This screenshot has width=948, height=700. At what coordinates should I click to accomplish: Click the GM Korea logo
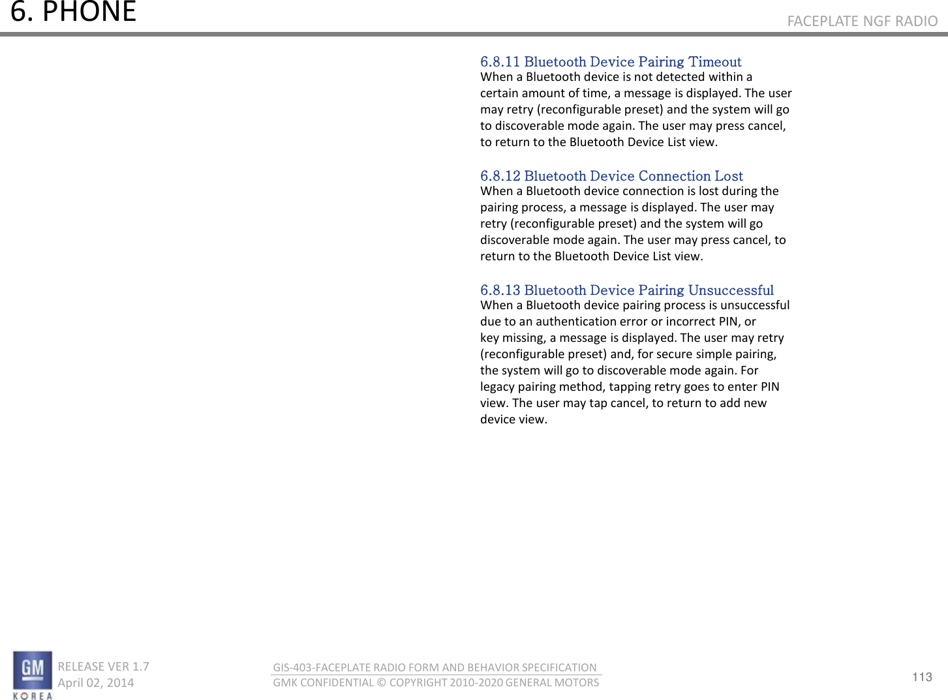pos(32,675)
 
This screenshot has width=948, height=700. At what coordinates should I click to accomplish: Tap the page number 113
pos(922,677)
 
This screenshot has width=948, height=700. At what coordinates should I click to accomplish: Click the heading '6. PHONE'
pos(73,12)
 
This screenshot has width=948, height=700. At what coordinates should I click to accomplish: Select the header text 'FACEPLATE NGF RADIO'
pos(862,21)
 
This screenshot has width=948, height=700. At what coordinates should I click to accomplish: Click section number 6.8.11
pos(500,62)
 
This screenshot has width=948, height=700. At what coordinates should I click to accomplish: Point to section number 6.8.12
pos(500,176)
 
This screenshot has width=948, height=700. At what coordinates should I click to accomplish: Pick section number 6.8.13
pos(500,290)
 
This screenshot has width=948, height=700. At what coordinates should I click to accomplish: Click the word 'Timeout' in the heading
pos(715,62)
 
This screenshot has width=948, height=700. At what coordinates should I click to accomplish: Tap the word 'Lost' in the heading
pos(728,176)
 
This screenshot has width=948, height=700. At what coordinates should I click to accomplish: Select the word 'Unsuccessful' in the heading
pos(731,290)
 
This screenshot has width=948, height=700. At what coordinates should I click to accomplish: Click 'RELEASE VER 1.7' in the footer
pos(103,666)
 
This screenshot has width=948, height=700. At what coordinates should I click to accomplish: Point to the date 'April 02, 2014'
pos(95,682)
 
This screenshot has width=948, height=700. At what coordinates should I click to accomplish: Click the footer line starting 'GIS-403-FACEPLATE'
pos(435,667)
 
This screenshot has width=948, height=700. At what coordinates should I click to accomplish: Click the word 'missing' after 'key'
pos(523,338)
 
